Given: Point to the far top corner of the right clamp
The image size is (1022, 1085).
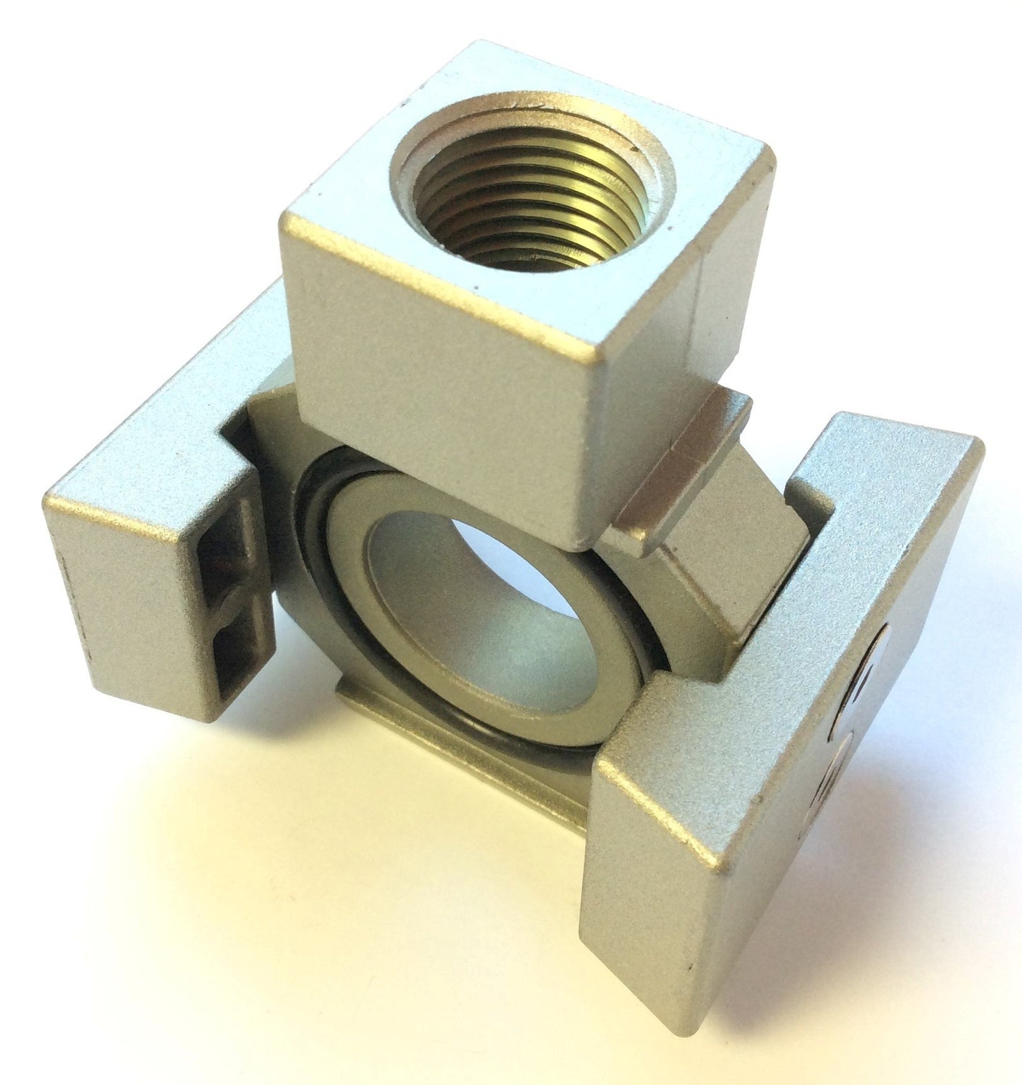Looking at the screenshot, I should point(980,442).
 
